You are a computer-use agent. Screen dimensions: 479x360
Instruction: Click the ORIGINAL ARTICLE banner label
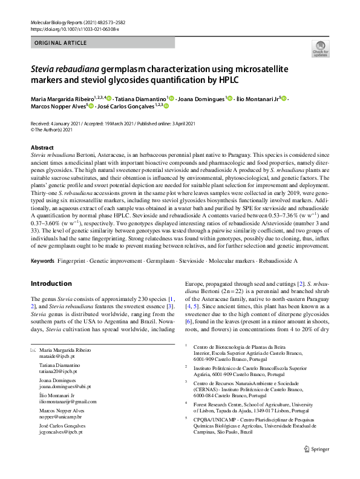coord(61,44)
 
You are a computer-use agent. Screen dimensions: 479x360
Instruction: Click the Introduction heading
coord(51,283)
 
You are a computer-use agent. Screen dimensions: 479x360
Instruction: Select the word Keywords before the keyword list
coord(42,260)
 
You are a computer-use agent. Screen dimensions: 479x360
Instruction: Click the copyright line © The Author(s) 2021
coord(51,130)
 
